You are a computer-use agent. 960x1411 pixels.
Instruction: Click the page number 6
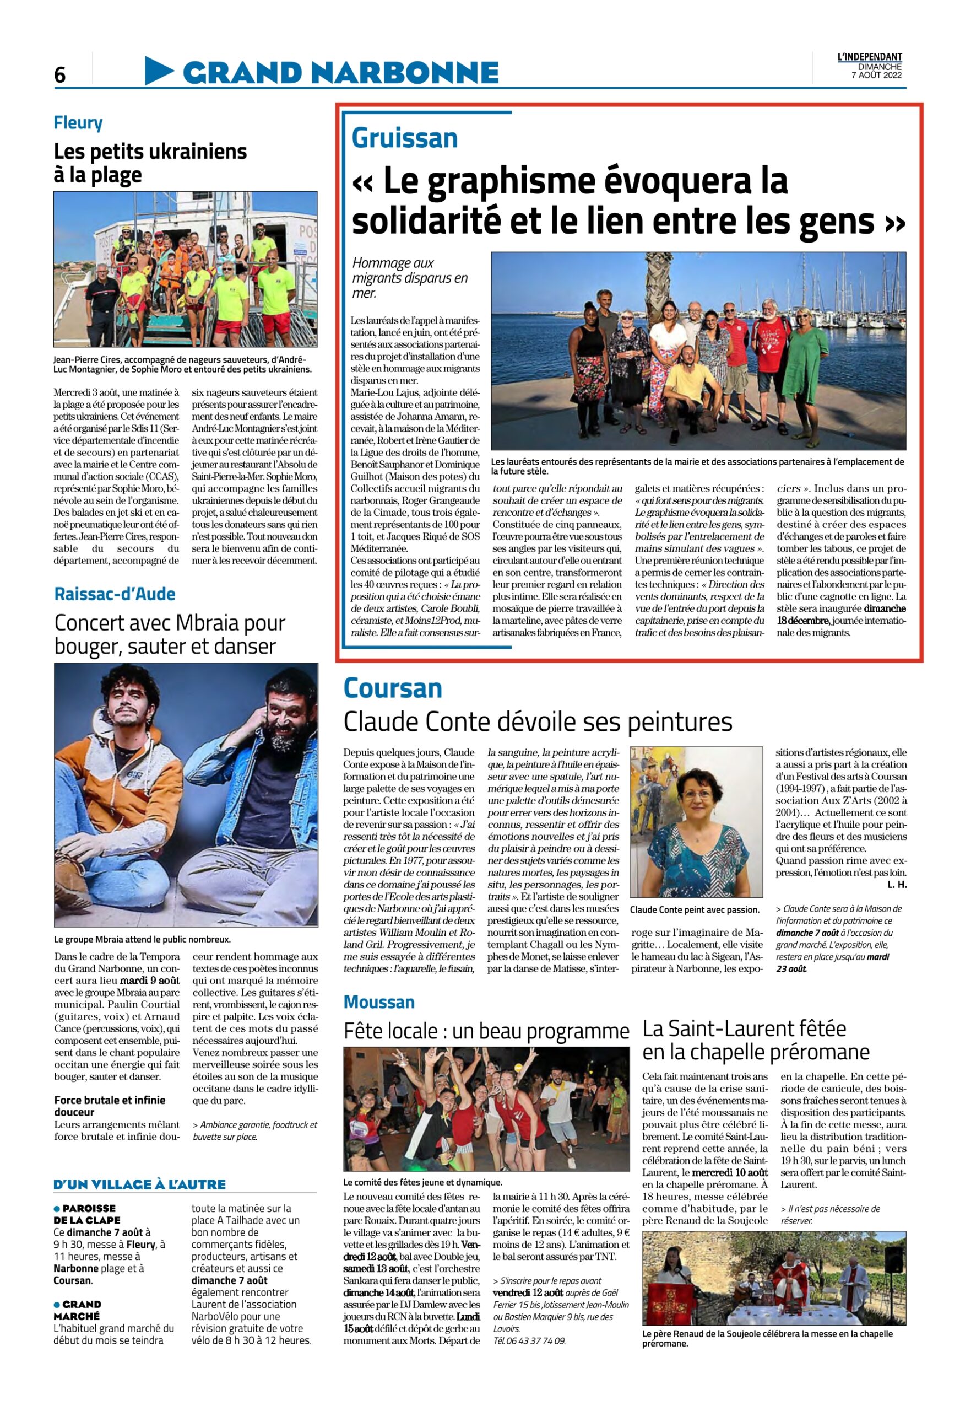(x=59, y=74)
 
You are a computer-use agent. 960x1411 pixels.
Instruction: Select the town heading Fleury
(x=78, y=123)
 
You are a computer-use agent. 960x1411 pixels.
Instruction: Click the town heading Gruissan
(x=404, y=138)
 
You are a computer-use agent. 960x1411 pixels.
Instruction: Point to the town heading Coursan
(x=392, y=688)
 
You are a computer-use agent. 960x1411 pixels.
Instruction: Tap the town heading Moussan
(x=379, y=1002)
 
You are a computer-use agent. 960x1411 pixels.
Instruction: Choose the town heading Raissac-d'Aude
(x=115, y=594)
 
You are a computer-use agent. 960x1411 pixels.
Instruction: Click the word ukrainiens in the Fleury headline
(x=201, y=151)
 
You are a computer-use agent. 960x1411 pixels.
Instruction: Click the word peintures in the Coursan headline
(x=680, y=723)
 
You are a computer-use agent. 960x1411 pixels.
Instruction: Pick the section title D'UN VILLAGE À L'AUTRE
(x=139, y=1184)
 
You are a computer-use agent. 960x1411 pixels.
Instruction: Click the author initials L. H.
(x=897, y=885)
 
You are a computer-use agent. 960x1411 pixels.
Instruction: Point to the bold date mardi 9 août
(x=150, y=981)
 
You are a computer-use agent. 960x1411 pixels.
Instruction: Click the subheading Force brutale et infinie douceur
(x=109, y=1106)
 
